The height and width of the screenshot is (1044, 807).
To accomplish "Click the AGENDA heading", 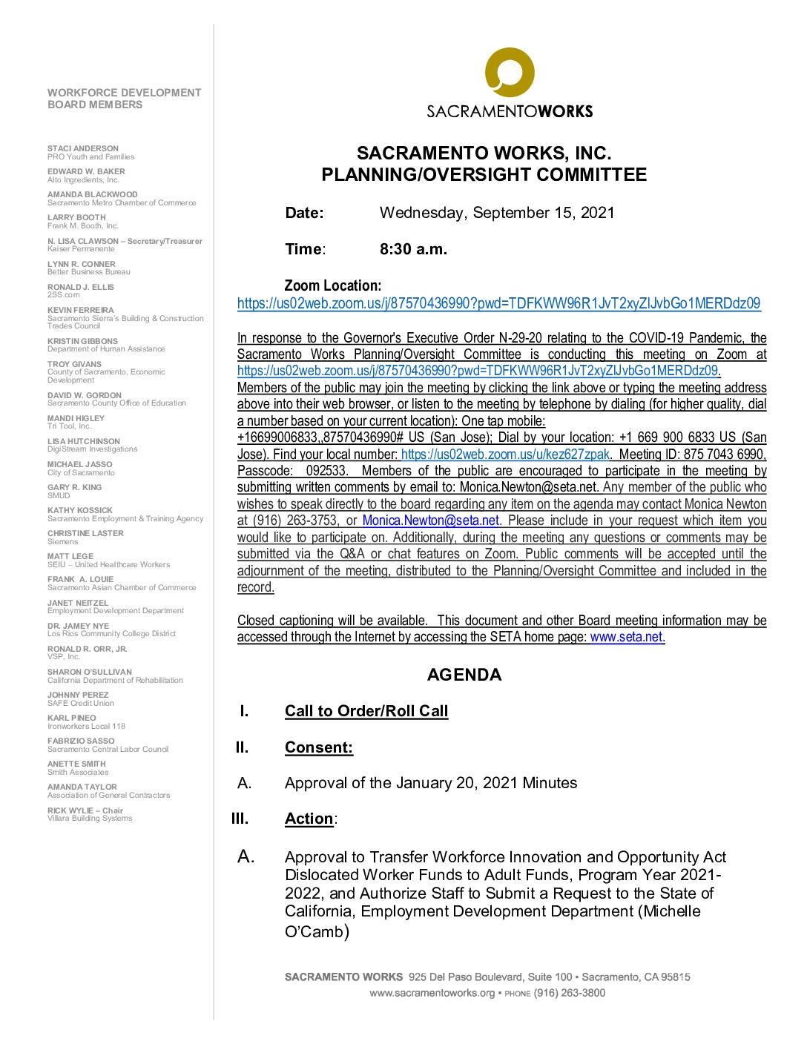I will (464, 675).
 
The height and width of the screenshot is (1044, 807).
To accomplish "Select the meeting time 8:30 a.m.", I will (413, 249).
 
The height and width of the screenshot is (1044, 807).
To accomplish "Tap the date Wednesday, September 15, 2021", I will (497, 213).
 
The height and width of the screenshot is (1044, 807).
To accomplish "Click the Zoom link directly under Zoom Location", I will (498, 303).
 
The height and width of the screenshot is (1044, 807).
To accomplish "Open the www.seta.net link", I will (626, 637).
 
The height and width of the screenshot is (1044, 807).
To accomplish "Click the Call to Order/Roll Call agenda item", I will (366, 711).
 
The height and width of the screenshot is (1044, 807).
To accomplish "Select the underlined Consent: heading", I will (319, 747).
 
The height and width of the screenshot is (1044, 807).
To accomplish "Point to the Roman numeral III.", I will (240, 819).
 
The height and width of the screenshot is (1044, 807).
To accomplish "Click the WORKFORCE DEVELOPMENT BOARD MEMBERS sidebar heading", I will (124, 99).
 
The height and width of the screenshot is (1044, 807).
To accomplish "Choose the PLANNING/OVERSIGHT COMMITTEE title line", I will (484, 175).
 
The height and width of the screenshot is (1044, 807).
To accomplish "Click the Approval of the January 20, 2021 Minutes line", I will (431, 783).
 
